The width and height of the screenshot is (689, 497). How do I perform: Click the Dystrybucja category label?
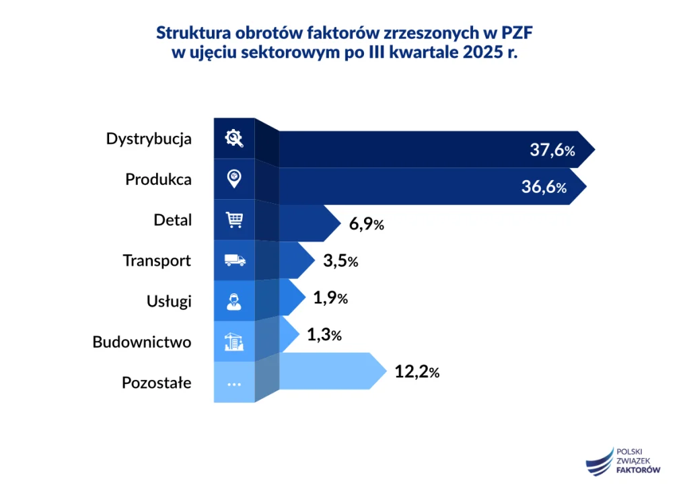coord(149,139)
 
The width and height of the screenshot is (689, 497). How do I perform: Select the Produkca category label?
coord(158,180)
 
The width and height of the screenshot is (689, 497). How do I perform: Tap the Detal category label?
coord(172,220)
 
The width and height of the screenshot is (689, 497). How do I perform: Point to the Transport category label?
coord(157,260)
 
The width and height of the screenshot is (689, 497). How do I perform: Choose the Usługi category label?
coord(169,301)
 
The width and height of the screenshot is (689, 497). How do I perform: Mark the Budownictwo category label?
coord(141,342)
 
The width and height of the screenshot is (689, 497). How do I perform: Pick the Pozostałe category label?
coord(156,383)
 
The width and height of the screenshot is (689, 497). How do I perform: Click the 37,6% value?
coord(552,150)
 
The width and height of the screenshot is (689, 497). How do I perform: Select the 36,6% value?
coord(544,188)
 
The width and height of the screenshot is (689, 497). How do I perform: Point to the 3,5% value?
coord(340,261)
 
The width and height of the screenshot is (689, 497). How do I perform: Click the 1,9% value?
coord(330,297)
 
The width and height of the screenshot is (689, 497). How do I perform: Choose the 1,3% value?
coord(324,334)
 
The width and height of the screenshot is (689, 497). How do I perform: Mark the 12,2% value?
coord(417,371)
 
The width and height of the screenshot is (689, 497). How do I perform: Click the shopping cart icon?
coord(234,220)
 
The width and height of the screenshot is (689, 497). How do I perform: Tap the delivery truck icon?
coord(234,260)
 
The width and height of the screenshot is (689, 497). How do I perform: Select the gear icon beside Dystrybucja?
coord(234,139)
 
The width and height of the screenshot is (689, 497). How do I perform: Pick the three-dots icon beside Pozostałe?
coord(234,383)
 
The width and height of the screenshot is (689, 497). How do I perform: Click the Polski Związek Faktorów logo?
coord(623,461)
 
